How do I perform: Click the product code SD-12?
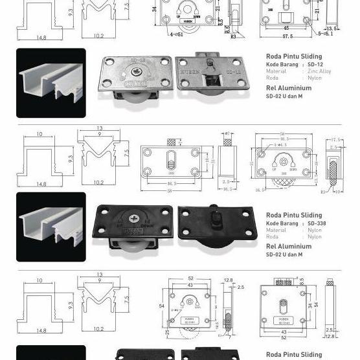point(315,65)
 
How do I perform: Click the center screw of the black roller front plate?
point(136,219)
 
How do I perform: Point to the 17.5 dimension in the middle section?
point(335,140)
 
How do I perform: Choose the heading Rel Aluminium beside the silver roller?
point(289,89)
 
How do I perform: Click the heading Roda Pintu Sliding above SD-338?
point(293,215)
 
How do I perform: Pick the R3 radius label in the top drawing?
point(232,36)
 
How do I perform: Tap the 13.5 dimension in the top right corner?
point(332,28)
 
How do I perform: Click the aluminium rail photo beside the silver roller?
point(51,83)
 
